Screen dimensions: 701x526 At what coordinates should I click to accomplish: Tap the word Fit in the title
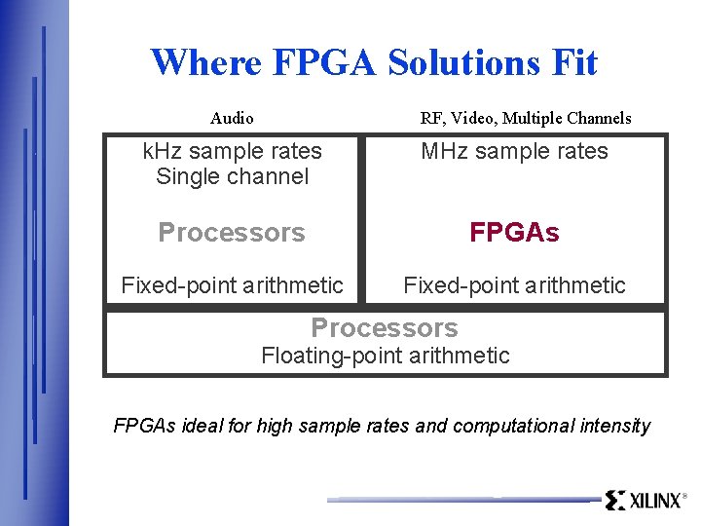pyautogui.click(x=574, y=63)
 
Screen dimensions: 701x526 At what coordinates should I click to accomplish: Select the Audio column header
pyautogui.click(x=232, y=119)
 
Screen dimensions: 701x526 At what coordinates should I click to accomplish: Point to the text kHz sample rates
pyautogui.click(x=232, y=151)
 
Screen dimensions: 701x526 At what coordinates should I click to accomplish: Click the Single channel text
pyautogui.click(x=232, y=176)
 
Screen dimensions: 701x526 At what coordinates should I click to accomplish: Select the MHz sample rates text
pyautogui.click(x=514, y=151)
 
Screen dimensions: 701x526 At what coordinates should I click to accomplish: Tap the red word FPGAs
pyautogui.click(x=514, y=233)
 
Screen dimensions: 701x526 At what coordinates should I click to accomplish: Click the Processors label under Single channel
pyautogui.click(x=232, y=233)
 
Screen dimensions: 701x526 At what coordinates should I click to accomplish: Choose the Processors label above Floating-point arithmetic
pyautogui.click(x=384, y=328)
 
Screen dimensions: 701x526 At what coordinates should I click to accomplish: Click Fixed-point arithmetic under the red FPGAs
pyautogui.click(x=514, y=285)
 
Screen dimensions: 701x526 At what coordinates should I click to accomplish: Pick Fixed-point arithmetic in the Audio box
pyautogui.click(x=232, y=285)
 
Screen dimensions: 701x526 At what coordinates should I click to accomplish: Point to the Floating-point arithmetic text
pyautogui.click(x=385, y=356)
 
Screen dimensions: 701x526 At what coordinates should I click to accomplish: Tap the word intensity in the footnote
pyautogui.click(x=615, y=426)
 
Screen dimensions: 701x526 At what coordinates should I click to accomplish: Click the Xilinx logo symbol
pyautogui.click(x=614, y=501)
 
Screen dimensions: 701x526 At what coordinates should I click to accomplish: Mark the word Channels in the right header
pyautogui.click(x=597, y=119)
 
